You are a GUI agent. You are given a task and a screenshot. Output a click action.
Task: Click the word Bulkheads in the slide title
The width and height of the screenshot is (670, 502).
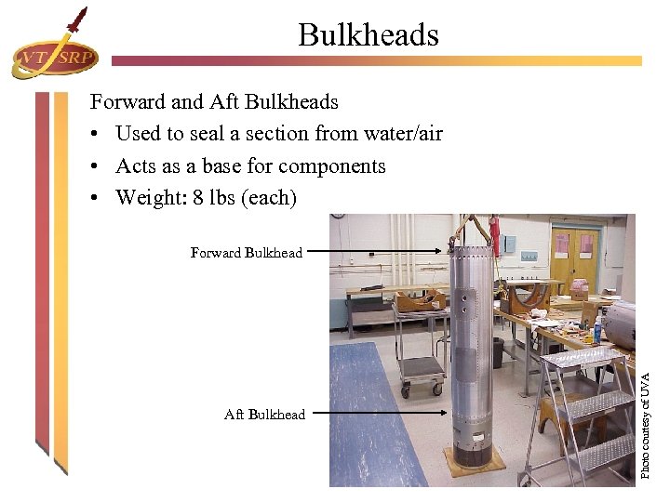(x=368, y=35)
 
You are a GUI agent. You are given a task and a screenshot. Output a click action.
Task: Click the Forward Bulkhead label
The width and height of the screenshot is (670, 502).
(x=246, y=253)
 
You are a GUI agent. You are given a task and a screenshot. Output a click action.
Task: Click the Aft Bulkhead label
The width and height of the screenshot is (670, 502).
(x=264, y=415)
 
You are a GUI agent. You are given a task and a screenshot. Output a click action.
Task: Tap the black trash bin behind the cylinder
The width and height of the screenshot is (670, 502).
(x=497, y=351)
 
